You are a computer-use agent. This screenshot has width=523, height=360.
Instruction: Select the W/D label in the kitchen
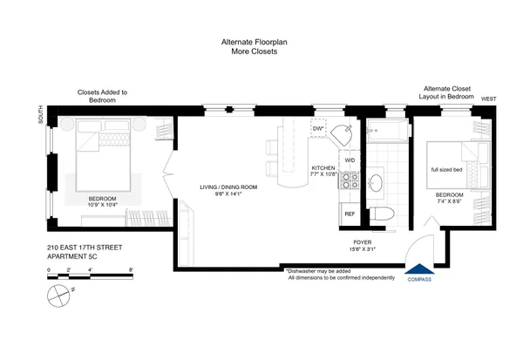350,160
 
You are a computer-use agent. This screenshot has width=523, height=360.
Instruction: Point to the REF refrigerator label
350,214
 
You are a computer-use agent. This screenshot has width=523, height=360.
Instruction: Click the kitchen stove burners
350,181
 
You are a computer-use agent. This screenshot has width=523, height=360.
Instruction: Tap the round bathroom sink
377,183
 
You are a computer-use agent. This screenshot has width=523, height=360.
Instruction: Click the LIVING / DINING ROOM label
228,187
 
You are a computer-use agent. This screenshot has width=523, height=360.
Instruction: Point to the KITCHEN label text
323,167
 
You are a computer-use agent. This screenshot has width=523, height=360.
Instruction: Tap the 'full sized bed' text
446,170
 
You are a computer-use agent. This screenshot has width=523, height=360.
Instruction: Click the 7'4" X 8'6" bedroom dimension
449,200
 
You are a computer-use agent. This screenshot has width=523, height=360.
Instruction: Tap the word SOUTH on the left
40,116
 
